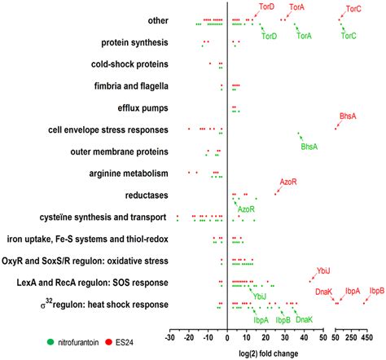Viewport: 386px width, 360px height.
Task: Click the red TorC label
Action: pos(353,9)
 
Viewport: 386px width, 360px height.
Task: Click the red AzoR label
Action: pos(288,181)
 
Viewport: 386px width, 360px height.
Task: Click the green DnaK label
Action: pos(304,320)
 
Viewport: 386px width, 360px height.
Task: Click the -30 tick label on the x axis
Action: pos(170,337)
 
